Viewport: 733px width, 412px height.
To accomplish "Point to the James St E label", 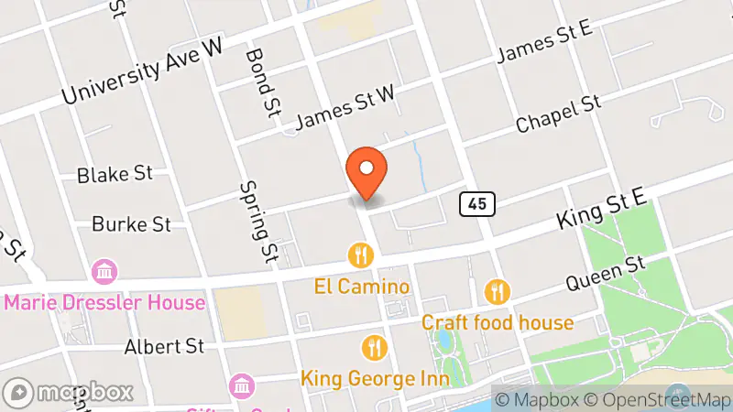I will [x=544, y=43].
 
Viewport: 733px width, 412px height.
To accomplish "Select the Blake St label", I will [x=115, y=174].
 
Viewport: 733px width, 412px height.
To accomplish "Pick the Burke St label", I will [x=132, y=223].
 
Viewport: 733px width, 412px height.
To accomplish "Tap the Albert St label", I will [x=164, y=347].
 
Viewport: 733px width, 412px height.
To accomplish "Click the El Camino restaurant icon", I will [x=362, y=255].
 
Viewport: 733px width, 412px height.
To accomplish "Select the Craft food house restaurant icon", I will [x=498, y=292].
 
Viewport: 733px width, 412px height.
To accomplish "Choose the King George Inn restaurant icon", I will [x=374, y=347].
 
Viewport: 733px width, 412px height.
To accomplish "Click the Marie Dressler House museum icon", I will [x=104, y=271].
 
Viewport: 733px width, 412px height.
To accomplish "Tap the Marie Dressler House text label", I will [x=104, y=302].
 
